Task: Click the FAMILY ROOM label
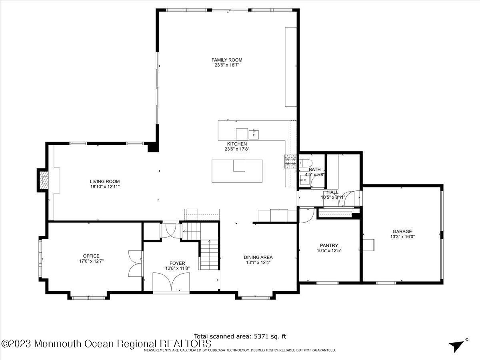coord(227,60)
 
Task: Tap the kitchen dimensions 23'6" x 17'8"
coord(237,149)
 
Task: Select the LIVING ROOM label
coord(104,181)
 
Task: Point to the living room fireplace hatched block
coord(43,179)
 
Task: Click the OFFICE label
coord(91,256)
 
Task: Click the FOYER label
coord(177,263)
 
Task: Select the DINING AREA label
coord(258,257)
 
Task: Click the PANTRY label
coord(329,246)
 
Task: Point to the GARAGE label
coord(402,231)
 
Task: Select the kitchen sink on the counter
coord(254,134)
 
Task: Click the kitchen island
coord(237,171)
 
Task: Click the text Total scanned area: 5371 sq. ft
coord(240,336)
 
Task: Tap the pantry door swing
coord(306,215)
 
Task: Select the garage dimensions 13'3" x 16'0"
coord(402,236)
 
